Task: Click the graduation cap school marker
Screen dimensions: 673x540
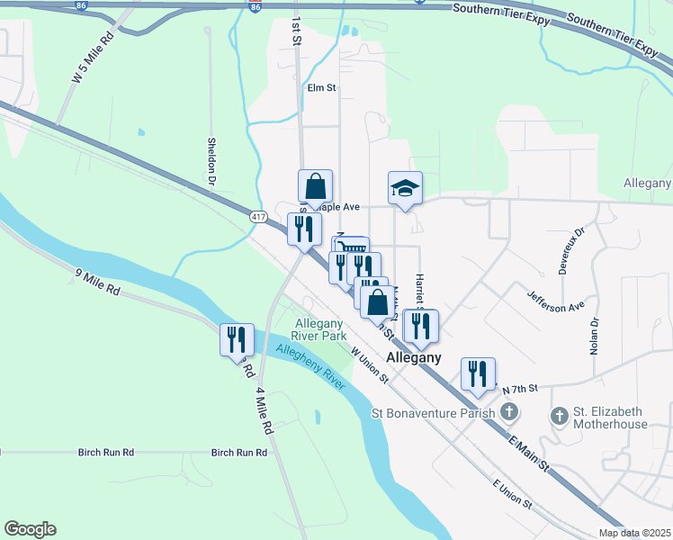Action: pos(405,188)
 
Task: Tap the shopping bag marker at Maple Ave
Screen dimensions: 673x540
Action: pos(315,186)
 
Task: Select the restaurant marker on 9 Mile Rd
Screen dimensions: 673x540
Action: pos(238,340)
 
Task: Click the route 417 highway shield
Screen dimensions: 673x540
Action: pos(259,217)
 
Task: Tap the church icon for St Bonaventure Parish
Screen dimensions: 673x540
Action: pos(510,413)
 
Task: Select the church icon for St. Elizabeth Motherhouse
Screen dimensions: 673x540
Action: pos(560,415)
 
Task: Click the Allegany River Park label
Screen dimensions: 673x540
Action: pos(321,329)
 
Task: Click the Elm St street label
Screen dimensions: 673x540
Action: pos(321,88)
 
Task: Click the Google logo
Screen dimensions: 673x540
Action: pos(30,529)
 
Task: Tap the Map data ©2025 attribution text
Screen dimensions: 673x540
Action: pos(634,533)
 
